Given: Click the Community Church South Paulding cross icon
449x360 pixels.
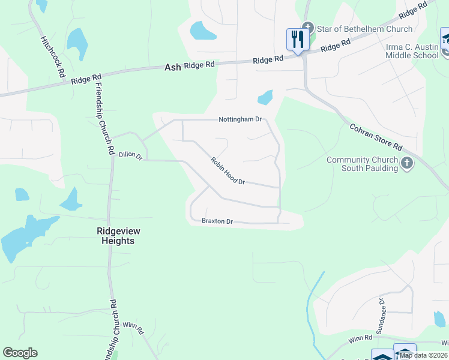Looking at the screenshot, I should (408, 163).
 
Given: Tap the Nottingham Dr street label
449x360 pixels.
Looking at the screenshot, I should (240, 119).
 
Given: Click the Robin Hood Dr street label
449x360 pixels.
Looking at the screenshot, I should (228, 171).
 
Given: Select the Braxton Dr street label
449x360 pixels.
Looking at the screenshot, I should (217, 221).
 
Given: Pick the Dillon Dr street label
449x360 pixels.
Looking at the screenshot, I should (130, 155).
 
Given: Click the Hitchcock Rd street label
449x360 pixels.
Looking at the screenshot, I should (52, 56).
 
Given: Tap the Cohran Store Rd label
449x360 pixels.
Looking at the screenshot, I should (376, 137).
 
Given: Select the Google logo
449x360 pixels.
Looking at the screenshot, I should (20, 353).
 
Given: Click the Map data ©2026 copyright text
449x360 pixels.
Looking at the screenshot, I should (424, 355).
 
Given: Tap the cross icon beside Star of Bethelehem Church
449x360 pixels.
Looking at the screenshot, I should (308, 27).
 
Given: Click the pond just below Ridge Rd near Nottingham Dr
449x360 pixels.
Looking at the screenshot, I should (265, 97).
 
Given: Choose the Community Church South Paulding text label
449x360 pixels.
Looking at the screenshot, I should (362, 164).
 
